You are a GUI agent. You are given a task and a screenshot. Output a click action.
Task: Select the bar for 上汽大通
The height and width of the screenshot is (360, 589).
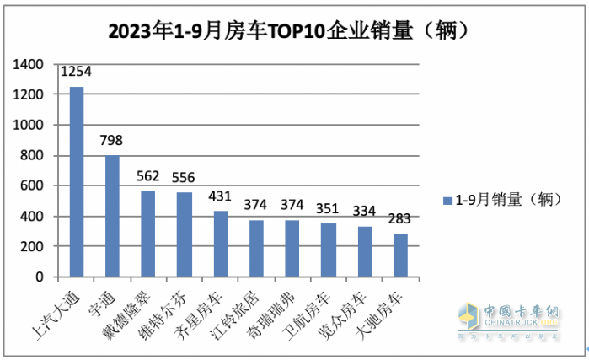click(76, 181)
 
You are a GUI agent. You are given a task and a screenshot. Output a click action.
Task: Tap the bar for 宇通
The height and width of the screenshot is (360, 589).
click(112, 216)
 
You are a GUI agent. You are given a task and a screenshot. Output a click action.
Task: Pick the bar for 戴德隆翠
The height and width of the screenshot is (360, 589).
click(148, 234)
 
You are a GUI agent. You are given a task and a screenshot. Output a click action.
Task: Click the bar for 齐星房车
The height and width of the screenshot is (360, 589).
click(220, 244)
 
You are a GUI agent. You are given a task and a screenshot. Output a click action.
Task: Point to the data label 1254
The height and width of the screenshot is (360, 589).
click(76, 72)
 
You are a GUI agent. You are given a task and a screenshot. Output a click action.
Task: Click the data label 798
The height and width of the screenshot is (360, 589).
click(112, 141)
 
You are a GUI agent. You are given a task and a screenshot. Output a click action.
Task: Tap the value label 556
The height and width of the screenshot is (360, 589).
click(185, 177)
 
